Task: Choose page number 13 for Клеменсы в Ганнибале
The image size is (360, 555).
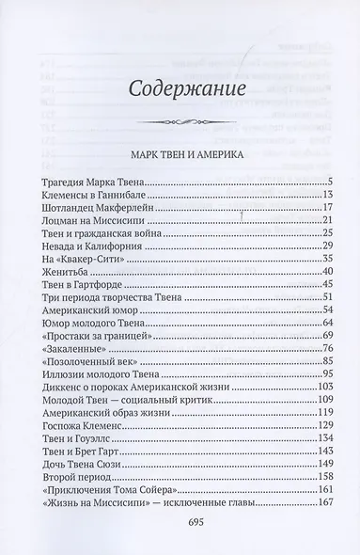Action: tap(329, 193)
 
